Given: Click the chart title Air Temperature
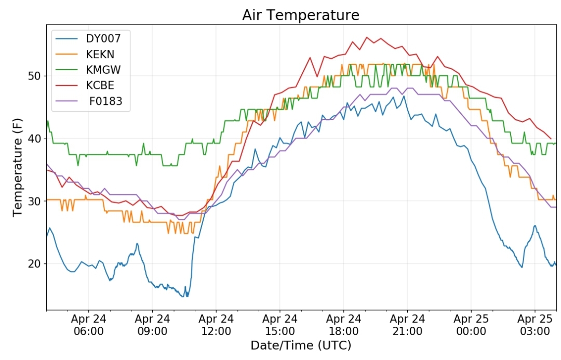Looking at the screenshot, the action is pos(301,15).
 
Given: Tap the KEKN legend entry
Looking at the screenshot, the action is pos(85,54).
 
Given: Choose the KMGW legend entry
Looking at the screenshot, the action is pos(88,70).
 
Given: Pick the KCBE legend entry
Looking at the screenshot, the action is pos(85,85).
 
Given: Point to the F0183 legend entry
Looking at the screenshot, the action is pos(89,101).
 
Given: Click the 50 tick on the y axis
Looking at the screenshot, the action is pos(35,76).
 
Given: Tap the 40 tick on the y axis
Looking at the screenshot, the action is pos(35,139).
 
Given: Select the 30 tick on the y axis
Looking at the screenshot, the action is pos(35,201).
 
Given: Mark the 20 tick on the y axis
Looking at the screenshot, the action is pos(35,264).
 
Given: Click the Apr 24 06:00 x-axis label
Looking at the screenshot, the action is pos(88,325).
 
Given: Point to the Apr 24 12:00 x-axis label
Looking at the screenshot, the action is pos(216,325).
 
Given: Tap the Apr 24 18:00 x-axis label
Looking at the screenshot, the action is pos(343,325).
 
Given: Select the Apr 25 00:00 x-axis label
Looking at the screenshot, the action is pos(471,325).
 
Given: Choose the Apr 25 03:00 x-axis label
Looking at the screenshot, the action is pos(535,325).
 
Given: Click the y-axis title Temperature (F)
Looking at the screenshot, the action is pos(17,167).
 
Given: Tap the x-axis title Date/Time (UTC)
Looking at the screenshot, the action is pos(301,345).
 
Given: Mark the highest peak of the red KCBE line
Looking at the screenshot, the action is pos(367,37).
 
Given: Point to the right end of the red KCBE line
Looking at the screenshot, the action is pos(551,139).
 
